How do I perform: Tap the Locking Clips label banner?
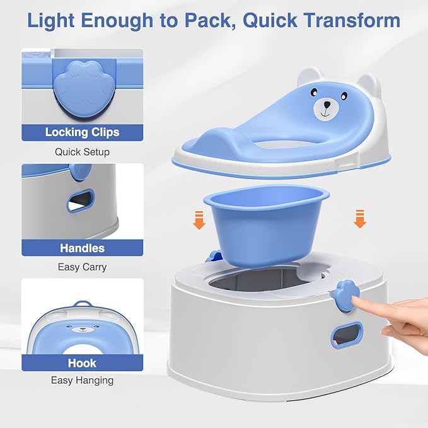(x=82, y=132)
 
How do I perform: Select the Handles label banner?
(x=82, y=248)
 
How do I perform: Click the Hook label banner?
(x=82, y=363)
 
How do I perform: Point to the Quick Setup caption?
(x=82, y=152)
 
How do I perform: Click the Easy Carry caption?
(x=82, y=267)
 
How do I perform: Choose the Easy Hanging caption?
(x=82, y=381)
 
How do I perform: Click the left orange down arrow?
(x=199, y=220)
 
